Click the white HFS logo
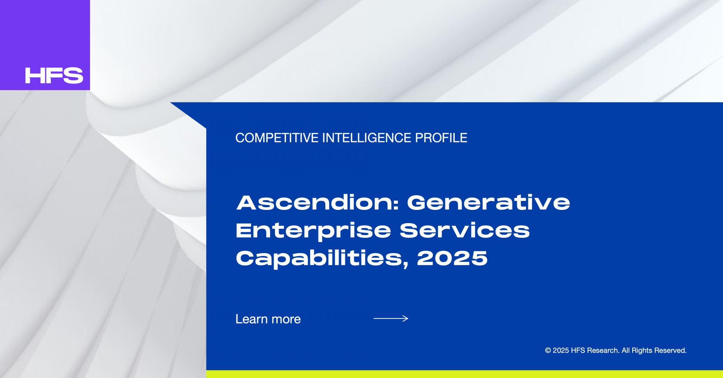[54, 75]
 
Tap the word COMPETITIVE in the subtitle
[277, 138]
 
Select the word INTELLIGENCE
[367, 138]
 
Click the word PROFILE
[441, 138]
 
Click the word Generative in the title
[489, 202]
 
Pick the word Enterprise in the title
[313, 231]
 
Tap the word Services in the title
[465, 230]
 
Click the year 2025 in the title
[452, 258]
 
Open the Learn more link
[268, 319]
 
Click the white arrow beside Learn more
[391, 318]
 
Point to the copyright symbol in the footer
[548, 350]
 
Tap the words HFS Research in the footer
[595, 350]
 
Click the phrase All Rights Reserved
[654, 350]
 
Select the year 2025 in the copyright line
[561, 350]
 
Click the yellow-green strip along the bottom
[465, 374]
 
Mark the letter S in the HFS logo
[74, 75]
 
